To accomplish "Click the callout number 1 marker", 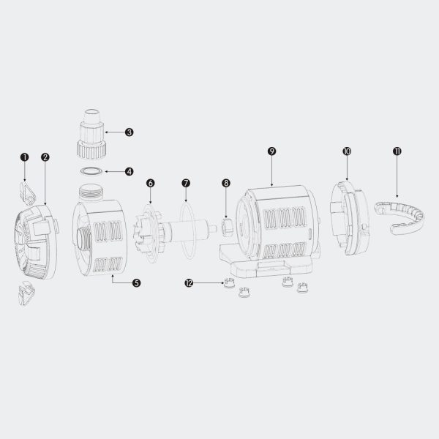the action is [x=25, y=157].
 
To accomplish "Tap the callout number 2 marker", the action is [x=45, y=157].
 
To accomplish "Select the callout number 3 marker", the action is [x=129, y=132].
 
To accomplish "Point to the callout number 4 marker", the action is [x=129, y=171].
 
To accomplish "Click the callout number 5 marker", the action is [x=136, y=282].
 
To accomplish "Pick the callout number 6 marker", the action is [x=150, y=183].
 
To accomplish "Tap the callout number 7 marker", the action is [x=186, y=183].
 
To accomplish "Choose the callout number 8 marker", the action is [x=226, y=183].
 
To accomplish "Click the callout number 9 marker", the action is [x=271, y=151].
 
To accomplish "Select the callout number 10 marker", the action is [x=347, y=151].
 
